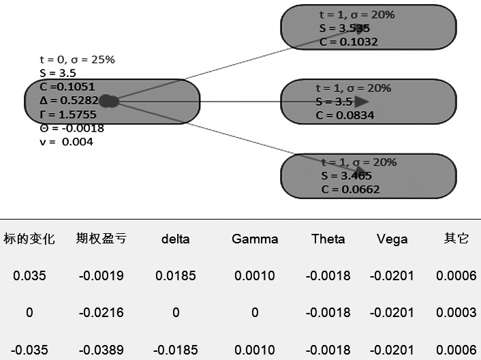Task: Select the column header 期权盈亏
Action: pos(101,239)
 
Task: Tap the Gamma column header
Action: pos(255,239)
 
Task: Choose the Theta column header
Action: pos(328,239)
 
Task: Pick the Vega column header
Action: pos(392,239)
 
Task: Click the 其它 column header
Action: pos(456,239)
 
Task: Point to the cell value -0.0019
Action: pos(101,276)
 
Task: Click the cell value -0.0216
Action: pos(101,313)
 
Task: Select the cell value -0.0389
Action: pos(101,349)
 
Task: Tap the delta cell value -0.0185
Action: pos(176,349)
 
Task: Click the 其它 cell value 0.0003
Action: pos(456,313)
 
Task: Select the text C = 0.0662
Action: pos(350,189)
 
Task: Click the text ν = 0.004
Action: pos(67,142)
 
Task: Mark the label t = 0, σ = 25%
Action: pos(77,59)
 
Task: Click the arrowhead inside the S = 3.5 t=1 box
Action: pos(360,102)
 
